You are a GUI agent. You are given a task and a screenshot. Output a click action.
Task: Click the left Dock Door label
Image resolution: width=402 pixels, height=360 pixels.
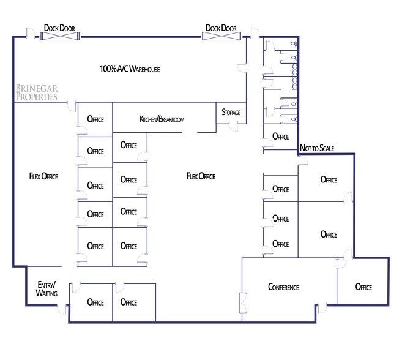[59, 28]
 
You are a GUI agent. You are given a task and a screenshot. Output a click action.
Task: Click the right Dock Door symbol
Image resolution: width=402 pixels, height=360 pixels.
[221, 37]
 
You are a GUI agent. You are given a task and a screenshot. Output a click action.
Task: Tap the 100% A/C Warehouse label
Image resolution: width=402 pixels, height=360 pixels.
[130, 70]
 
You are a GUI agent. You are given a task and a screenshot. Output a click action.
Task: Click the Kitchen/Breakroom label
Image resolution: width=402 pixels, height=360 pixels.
[162, 119]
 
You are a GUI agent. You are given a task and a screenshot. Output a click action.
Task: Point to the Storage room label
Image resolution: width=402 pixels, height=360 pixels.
[231, 113]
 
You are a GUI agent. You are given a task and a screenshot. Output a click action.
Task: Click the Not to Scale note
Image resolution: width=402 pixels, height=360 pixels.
[317, 148]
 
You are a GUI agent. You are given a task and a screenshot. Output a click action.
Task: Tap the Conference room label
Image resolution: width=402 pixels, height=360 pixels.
[283, 287]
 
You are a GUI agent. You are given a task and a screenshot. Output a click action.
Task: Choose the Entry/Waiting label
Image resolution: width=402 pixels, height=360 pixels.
[47, 289]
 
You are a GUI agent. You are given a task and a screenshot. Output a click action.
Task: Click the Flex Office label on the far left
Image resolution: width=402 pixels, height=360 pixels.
[43, 176]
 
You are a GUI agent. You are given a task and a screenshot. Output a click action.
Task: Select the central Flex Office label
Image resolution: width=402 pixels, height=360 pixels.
[201, 176]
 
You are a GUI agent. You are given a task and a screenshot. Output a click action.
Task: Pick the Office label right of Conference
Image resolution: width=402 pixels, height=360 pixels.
[363, 287]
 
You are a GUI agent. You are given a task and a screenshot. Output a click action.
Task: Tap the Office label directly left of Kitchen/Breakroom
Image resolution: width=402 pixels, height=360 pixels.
[95, 119]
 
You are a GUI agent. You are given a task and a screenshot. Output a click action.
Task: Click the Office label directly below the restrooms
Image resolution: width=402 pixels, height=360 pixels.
[280, 137]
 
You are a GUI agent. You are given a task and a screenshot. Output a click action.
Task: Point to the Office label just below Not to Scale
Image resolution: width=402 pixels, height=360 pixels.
[329, 179]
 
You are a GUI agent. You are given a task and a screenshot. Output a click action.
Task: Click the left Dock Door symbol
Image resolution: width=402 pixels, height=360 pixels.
[59, 37]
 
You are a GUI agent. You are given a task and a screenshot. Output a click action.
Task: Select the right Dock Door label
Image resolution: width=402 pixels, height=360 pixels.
[221, 28]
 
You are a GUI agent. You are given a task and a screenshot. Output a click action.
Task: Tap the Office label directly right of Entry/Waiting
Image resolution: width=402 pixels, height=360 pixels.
[95, 302]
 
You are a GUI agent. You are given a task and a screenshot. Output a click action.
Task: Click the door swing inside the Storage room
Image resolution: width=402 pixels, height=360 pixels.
[233, 125]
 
